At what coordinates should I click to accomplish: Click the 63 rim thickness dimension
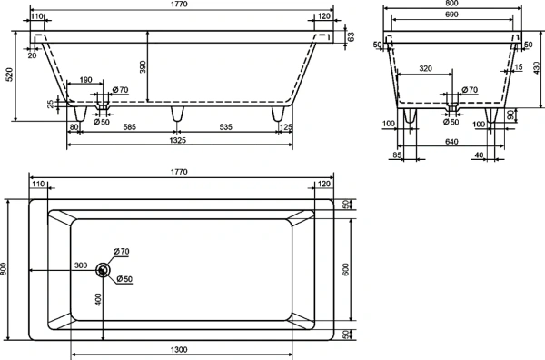[x=351, y=36]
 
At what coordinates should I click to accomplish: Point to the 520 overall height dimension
[x=10, y=75]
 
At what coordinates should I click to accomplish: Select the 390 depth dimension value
[x=143, y=66]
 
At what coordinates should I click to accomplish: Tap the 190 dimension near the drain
[x=85, y=80]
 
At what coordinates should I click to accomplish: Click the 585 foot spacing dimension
[x=129, y=127]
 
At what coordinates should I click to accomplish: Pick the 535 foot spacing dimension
[x=226, y=127]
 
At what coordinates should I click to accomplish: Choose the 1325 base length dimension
[x=178, y=140]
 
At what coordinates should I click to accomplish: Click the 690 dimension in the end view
[x=451, y=15]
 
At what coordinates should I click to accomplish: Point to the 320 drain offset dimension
[x=425, y=68]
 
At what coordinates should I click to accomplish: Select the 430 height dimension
[x=536, y=68]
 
